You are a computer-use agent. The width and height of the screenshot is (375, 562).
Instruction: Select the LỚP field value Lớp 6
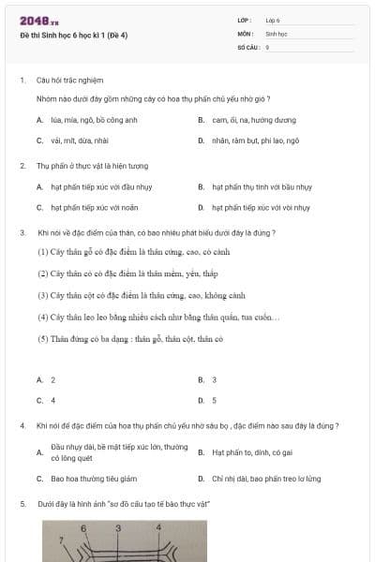tap(273, 20)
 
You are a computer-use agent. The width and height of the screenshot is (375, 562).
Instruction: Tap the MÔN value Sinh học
tap(275, 33)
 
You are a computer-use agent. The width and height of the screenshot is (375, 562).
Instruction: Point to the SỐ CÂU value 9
tap(267, 46)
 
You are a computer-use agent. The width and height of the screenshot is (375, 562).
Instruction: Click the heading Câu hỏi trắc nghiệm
tap(69, 80)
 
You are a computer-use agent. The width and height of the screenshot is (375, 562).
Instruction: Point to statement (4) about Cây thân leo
tap(158, 317)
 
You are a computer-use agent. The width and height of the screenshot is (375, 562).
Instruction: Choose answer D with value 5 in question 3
tap(214, 400)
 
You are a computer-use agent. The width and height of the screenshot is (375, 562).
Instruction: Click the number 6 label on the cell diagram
tap(83, 529)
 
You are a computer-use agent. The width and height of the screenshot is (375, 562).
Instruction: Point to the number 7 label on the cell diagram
tap(62, 540)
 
